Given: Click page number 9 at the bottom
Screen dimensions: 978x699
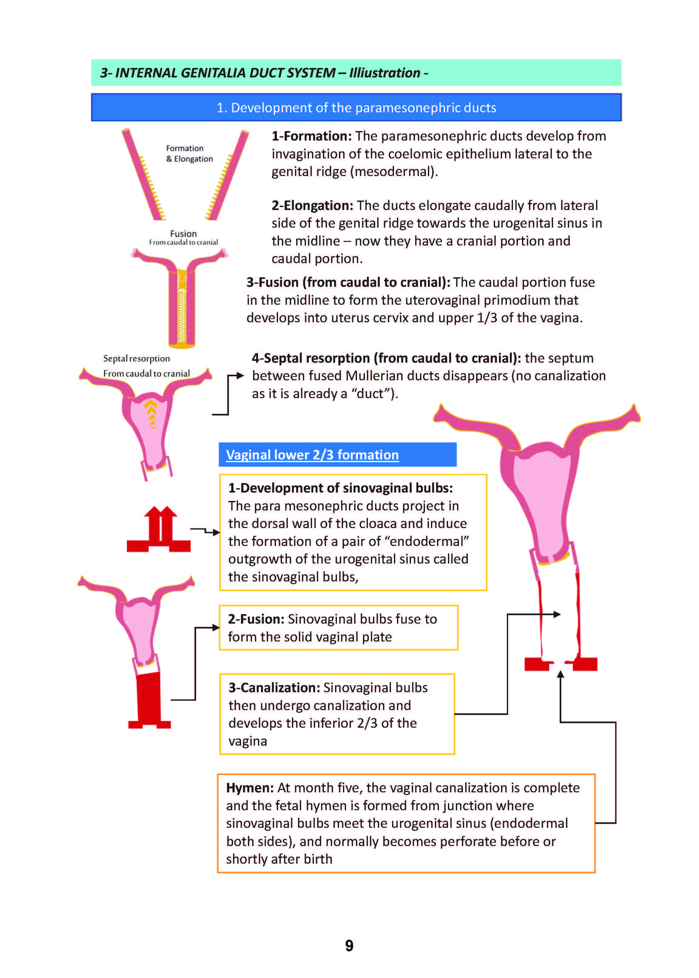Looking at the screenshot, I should [x=349, y=945].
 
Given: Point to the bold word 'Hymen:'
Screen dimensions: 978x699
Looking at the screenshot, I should [x=249, y=788].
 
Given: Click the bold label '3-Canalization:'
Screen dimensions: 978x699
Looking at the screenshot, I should [x=274, y=688].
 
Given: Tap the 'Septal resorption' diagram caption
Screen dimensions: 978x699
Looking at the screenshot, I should [x=137, y=358].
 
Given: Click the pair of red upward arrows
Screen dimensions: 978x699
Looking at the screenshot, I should [x=160, y=524].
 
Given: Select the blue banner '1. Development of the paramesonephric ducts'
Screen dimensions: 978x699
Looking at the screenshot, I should [x=356, y=107].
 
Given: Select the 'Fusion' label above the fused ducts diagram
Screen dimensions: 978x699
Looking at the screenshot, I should [x=183, y=234].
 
